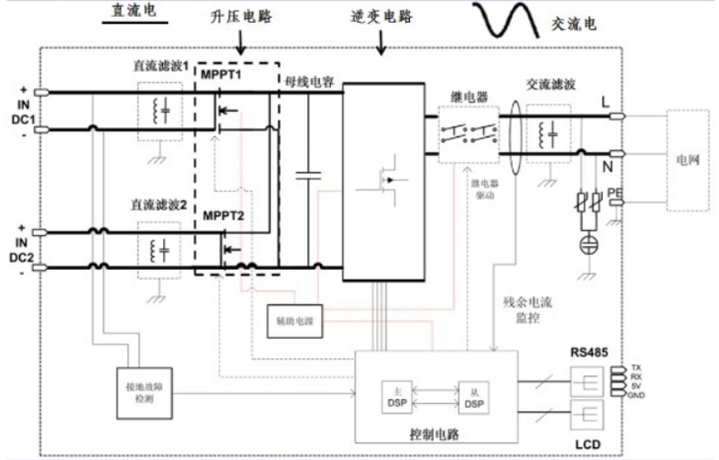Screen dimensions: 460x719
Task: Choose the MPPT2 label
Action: coord(223,216)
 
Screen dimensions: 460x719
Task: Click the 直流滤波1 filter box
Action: coord(160,110)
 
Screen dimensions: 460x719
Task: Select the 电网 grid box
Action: coord(688,160)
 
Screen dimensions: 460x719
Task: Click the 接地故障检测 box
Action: coord(138,391)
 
